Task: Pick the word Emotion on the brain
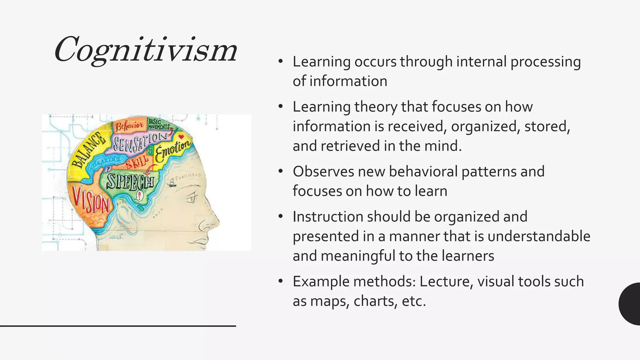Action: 172,150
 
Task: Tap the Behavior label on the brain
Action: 129,126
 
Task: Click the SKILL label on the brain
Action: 137,162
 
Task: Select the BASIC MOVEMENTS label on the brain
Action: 159,124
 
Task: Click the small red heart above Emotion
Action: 181,137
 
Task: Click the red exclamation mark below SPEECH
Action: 139,196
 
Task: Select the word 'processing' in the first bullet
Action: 545,62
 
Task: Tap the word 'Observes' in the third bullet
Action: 323,172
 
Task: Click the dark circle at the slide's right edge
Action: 631,304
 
